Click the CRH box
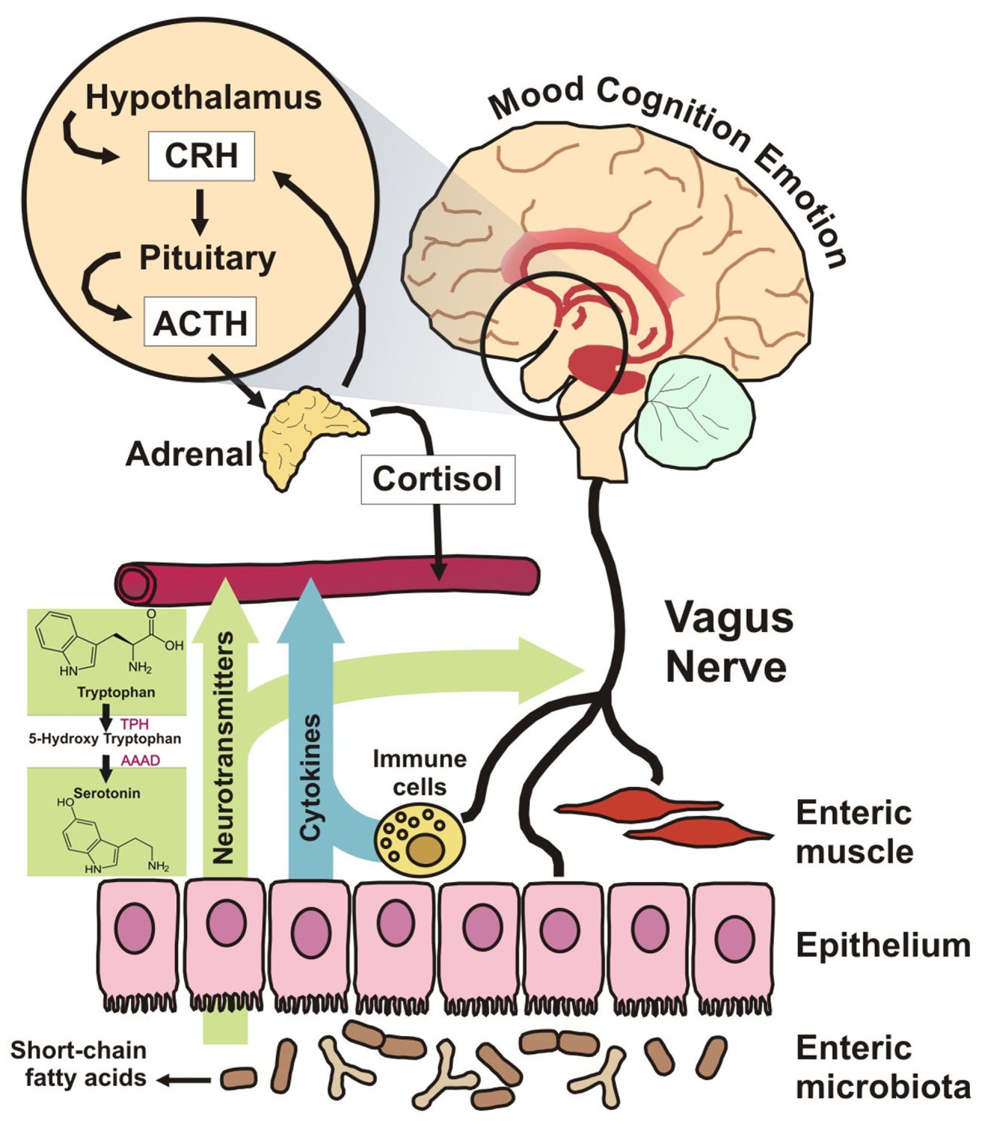pyautogui.click(x=201, y=156)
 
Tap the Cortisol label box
pyautogui.click(x=438, y=480)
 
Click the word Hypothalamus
pyautogui.click(x=204, y=98)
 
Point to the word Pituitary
pyautogui.click(x=207, y=258)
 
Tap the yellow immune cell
pyautogui.click(x=420, y=837)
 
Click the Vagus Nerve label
pyautogui.click(x=729, y=642)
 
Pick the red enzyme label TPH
pyautogui.click(x=135, y=724)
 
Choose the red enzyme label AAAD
pyautogui.click(x=140, y=761)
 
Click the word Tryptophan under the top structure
pyautogui.click(x=116, y=692)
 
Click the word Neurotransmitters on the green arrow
pyautogui.click(x=224, y=748)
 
